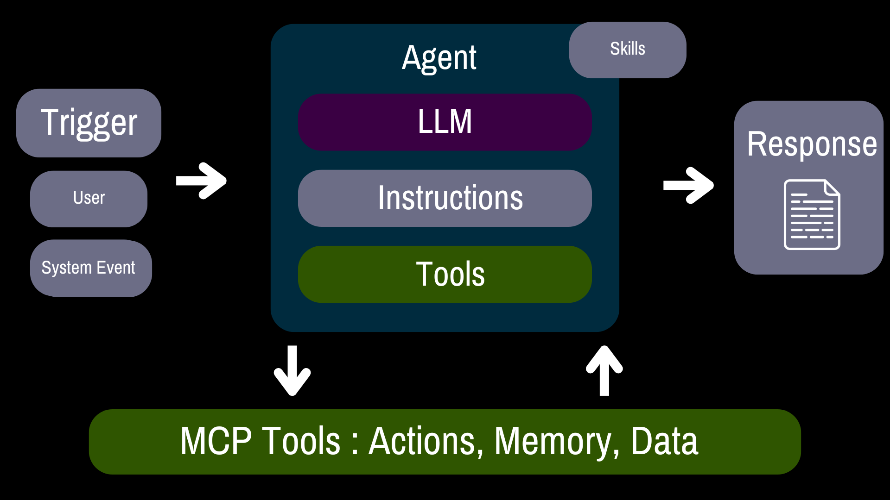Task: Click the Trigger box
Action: [89, 123]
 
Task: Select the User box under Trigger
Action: [89, 199]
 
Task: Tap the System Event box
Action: [91, 268]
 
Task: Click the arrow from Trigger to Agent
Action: [201, 181]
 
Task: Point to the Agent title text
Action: [439, 58]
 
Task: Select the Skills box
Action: [628, 50]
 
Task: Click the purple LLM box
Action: [445, 122]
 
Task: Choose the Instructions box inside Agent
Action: [445, 198]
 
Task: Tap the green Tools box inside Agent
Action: [445, 274]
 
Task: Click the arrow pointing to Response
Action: [688, 185]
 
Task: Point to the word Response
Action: [812, 144]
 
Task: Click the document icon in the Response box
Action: [812, 214]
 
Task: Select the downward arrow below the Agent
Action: [292, 370]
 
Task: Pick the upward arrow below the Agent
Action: [604, 370]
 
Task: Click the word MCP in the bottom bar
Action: [216, 441]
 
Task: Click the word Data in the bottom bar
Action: [664, 441]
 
